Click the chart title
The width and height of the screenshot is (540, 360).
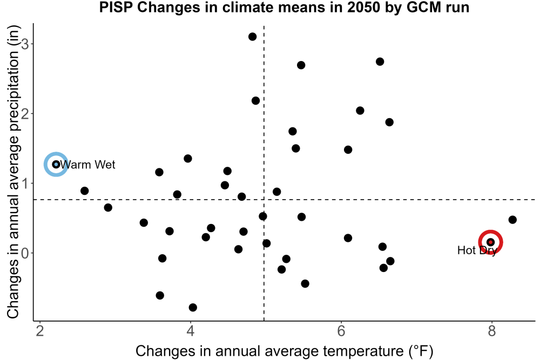pyautogui.click(x=284, y=7)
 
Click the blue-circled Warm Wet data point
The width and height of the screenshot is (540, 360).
pyautogui.click(x=56, y=165)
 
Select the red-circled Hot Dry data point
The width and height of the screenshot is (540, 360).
pyautogui.click(x=490, y=242)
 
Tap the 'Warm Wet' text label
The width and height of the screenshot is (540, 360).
pyautogui.click(x=87, y=165)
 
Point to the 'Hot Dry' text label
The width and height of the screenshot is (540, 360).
pyautogui.click(x=477, y=250)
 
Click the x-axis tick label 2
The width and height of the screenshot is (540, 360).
pyautogui.click(x=40, y=331)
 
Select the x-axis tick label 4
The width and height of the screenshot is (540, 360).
pyautogui.click(x=191, y=331)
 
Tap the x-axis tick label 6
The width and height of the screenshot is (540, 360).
pyautogui.click(x=341, y=331)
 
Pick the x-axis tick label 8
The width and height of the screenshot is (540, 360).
pyautogui.click(x=491, y=331)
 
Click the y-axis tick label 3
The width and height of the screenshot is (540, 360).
pyautogui.click(x=25, y=44)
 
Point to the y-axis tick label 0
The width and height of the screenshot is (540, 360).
pyautogui.click(x=25, y=253)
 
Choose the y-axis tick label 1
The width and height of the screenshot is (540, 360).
pyautogui.click(x=25, y=183)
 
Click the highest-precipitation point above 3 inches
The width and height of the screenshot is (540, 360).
pyautogui.click(x=252, y=37)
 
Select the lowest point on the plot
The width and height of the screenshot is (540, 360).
pyautogui.click(x=193, y=307)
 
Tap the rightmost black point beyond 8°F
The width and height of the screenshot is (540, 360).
pyautogui.click(x=512, y=220)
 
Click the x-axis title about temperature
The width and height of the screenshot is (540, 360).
pyautogui.click(x=284, y=351)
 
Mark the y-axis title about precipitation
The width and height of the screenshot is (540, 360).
pyautogui.click(x=13, y=172)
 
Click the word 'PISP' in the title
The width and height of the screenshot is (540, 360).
pyautogui.click(x=117, y=7)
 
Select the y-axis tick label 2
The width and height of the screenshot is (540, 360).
pyautogui.click(x=25, y=113)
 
